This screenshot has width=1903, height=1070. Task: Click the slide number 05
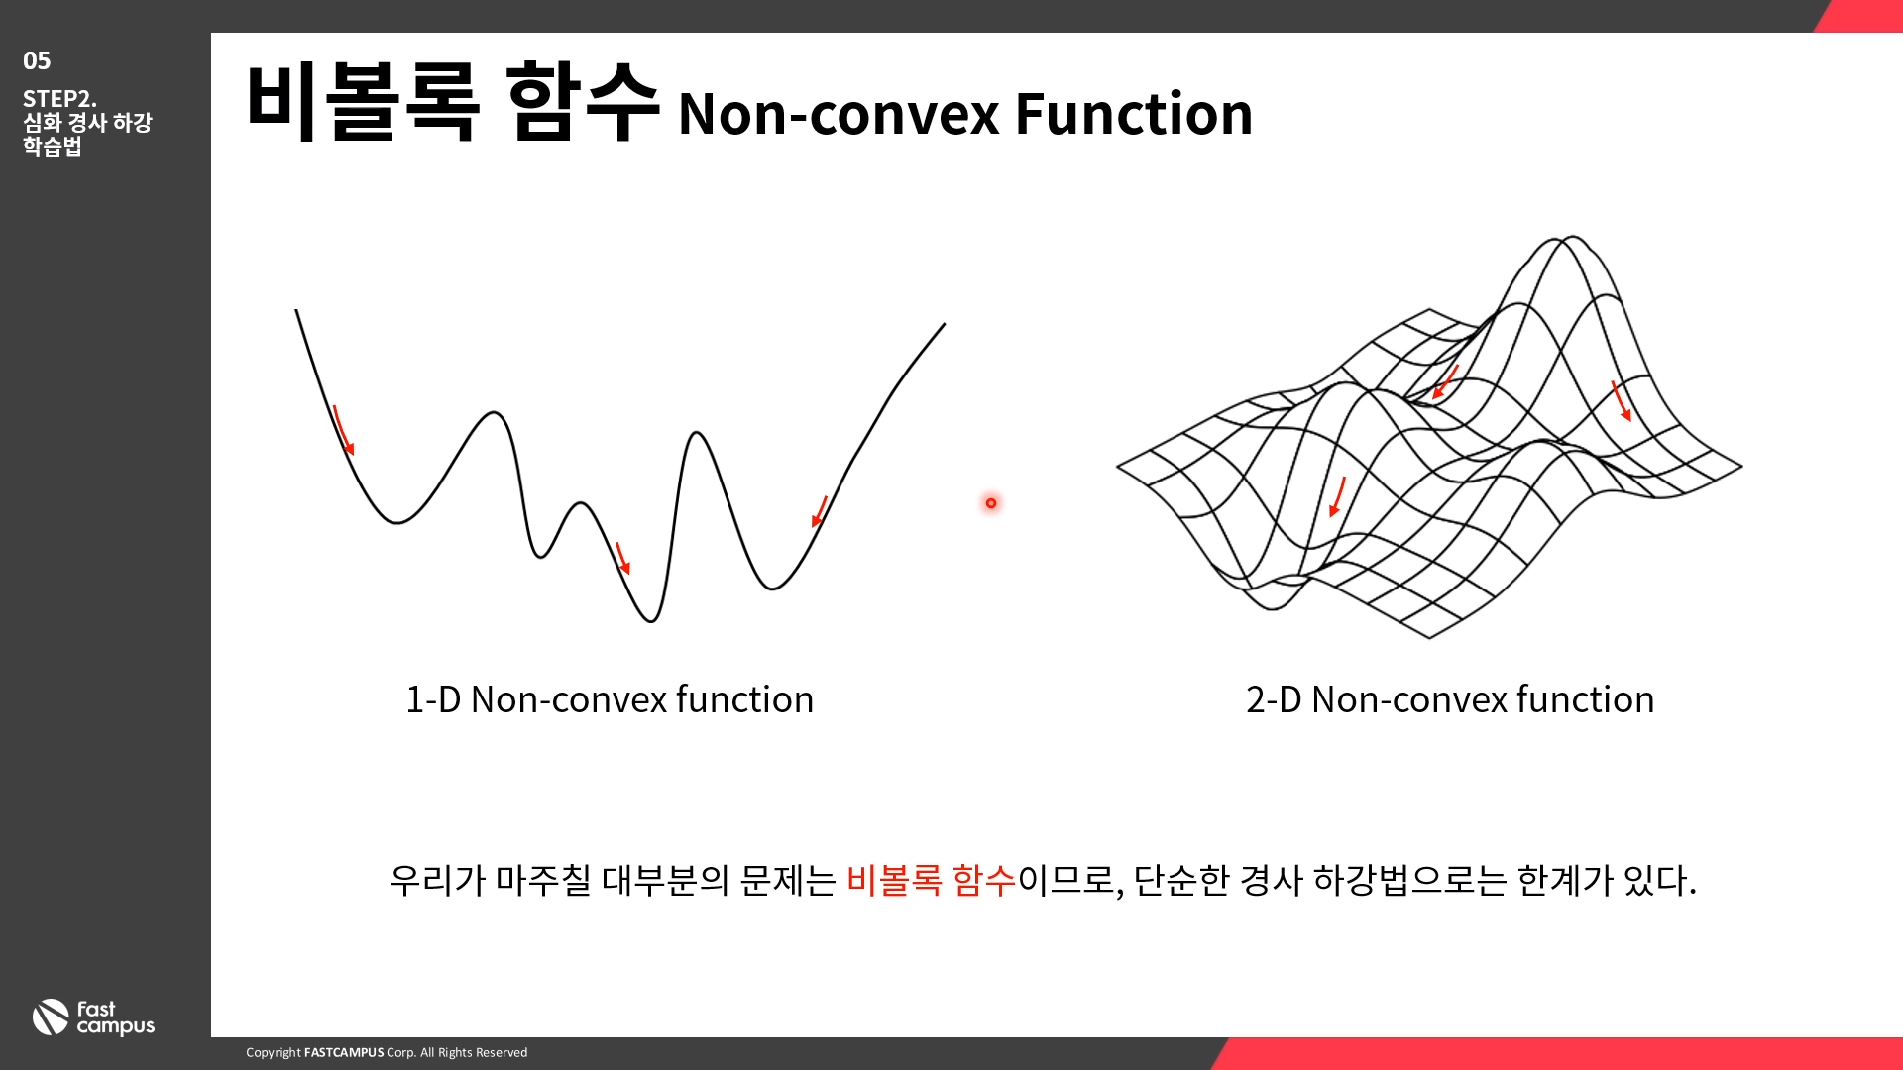[x=37, y=61]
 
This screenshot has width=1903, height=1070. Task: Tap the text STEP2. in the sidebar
[x=59, y=99]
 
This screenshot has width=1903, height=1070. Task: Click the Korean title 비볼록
[x=363, y=101]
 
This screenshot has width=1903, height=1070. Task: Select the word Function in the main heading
[x=1134, y=114]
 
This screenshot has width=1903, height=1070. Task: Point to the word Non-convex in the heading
[x=839, y=115]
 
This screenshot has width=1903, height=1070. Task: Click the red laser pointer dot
[x=991, y=503]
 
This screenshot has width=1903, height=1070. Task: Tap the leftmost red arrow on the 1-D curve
[x=343, y=430]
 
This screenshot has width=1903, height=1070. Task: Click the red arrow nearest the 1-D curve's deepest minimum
[x=622, y=558]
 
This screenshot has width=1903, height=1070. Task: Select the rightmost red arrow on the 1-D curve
[x=819, y=511]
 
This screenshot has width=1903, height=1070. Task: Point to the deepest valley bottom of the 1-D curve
[x=650, y=621]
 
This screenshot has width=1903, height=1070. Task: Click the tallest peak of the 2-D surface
[x=1572, y=238]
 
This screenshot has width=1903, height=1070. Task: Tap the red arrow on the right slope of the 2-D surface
[x=1622, y=401]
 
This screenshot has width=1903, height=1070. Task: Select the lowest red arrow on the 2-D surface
[x=1337, y=496]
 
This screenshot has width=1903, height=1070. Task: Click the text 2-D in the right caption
[x=1274, y=699]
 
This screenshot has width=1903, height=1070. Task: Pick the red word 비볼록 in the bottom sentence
[x=894, y=880]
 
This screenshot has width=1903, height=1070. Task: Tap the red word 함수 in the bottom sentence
[x=984, y=880]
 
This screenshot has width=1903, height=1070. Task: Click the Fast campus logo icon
[x=51, y=1017]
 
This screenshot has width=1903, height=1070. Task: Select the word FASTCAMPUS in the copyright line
[x=344, y=1052]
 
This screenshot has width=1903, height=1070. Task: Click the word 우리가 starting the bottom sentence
[x=436, y=880]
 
